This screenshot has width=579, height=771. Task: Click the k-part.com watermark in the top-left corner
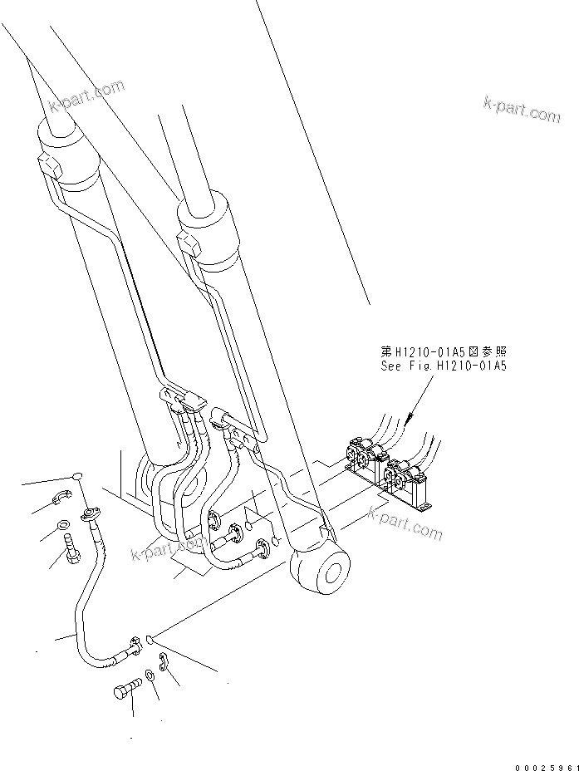86,96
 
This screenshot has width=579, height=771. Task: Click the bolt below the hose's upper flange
71,548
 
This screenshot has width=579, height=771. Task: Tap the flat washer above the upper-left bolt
63,525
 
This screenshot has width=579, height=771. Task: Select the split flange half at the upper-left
60,498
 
